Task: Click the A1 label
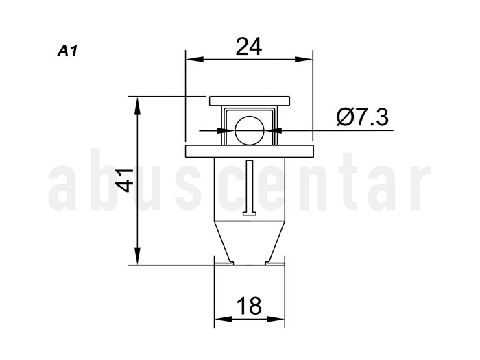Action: [67, 51]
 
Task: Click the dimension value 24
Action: [249, 47]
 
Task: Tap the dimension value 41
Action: [125, 180]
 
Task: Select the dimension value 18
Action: [249, 306]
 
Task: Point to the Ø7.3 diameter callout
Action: [363, 117]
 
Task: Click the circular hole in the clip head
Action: [250, 131]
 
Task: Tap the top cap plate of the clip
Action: [250, 101]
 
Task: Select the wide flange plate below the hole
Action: [250, 152]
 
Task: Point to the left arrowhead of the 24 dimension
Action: [195, 60]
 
